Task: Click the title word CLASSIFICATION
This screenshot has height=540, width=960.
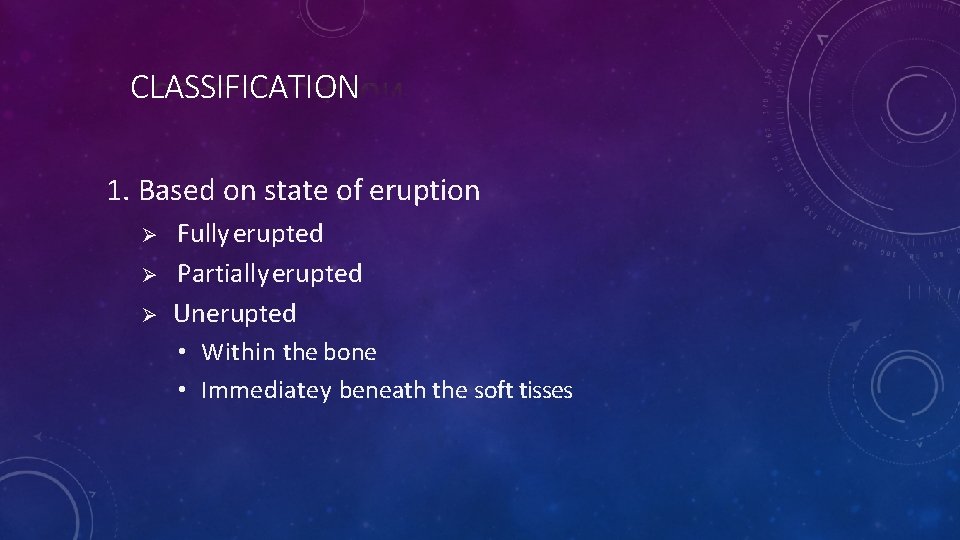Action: (244, 88)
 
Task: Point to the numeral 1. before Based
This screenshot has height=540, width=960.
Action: (119, 190)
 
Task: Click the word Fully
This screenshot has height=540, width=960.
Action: (203, 234)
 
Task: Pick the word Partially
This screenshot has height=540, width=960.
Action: (224, 274)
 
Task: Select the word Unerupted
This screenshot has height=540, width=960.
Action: (235, 313)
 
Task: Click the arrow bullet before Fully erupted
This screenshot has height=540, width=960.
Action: (145, 235)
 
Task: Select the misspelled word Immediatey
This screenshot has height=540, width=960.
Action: (266, 391)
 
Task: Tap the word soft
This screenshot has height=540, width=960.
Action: (493, 390)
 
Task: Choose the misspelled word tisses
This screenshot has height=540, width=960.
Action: (546, 390)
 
